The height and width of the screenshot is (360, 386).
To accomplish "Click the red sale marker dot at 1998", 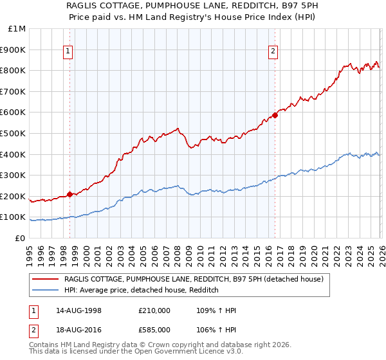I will pos(69,194).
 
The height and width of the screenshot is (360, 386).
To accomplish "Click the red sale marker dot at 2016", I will pos(275,116).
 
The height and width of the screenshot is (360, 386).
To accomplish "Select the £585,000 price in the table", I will pos(154,329).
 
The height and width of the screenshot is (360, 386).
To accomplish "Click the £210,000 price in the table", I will pos(154,310).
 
